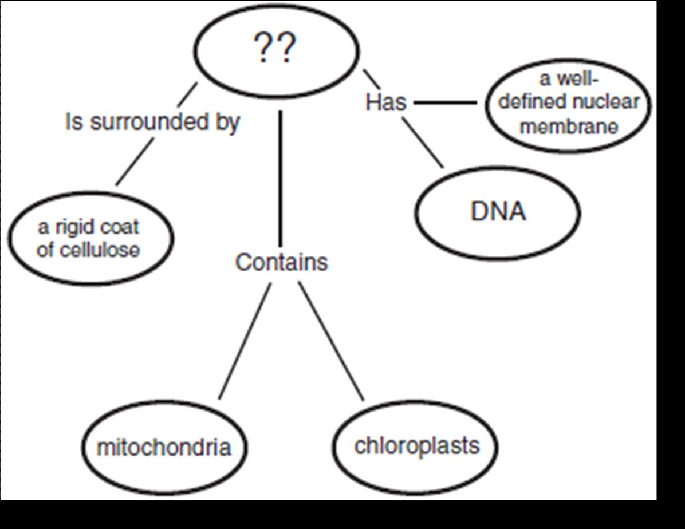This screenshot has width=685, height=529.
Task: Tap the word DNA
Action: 498,212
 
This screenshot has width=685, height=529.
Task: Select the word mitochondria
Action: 164,447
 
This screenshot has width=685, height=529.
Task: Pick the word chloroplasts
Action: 416,445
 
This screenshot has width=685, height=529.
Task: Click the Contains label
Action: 281,262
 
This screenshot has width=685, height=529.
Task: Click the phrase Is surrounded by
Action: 152,122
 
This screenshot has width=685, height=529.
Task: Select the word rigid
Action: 66,227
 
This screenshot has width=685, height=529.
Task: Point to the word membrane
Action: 569,126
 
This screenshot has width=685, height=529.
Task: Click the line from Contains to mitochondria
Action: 245,341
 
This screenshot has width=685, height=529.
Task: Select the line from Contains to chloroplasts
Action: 331,341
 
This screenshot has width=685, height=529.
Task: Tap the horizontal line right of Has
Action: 444,103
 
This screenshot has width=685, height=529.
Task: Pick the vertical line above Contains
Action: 280,177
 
